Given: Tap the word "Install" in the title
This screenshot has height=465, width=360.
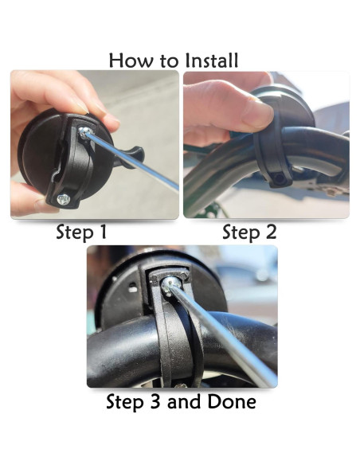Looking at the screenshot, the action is [211, 61].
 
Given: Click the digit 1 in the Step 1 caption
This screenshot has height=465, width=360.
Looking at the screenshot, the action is [103, 232].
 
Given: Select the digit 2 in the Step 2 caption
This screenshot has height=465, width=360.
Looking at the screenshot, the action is [271, 232].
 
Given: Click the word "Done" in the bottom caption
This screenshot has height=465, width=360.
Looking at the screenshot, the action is [231, 401].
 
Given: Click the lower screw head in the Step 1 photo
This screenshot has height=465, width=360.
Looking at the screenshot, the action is [63, 199].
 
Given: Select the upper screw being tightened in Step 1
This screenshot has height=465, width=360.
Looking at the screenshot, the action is [84, 131].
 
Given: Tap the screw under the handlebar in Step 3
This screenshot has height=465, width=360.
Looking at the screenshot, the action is [180, 386].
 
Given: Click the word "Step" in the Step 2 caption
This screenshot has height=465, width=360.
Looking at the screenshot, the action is [241, 232].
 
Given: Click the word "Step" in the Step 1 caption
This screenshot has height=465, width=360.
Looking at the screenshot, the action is [75, 232].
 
